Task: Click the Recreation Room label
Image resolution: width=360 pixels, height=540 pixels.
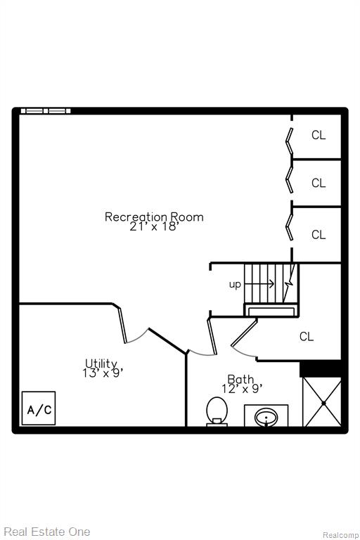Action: [154, 217]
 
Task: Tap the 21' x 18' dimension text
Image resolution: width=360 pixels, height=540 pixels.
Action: [155, 226]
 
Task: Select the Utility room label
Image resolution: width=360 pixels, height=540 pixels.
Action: [102, 364]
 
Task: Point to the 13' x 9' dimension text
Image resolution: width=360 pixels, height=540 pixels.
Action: [103, 373]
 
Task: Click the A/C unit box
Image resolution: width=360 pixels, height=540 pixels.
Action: [39, 408]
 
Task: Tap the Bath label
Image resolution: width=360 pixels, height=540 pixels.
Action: [240, 379]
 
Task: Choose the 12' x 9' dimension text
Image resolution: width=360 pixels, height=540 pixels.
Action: [242, 389]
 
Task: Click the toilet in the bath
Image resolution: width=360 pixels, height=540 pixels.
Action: [217, 411]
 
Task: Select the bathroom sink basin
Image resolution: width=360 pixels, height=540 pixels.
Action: [266, 418]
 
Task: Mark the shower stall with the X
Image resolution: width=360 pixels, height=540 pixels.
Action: [322, 402]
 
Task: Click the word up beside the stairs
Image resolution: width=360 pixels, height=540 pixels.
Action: [235, 285]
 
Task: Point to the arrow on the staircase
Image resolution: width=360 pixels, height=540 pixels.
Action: [259, 284]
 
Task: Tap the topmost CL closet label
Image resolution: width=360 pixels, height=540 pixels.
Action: [319, 135]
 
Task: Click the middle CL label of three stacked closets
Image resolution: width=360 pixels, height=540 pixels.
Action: [319, 183]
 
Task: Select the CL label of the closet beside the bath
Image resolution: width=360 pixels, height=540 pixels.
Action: [307, 337]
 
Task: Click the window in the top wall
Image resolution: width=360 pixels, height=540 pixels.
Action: [46, 111]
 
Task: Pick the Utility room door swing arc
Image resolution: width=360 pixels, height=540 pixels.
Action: [138, 337]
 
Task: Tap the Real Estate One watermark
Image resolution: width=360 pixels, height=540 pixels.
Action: [47, 532]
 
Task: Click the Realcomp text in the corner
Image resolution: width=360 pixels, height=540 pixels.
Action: [340, 535]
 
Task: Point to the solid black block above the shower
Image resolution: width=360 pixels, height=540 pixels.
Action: [321, 369]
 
